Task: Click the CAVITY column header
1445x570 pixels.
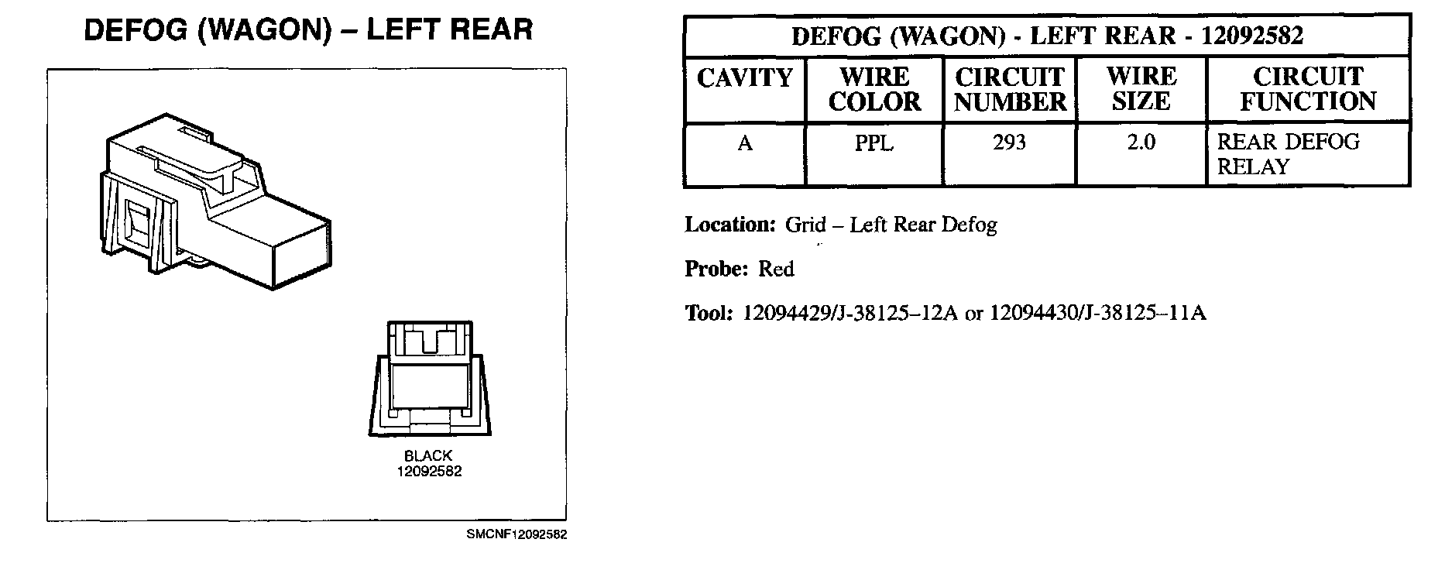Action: click(744, 78)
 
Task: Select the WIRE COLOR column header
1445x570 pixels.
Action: click(874, 89)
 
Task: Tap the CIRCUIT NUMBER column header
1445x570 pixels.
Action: click(1010, 89)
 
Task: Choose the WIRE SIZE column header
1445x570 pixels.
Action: click(1141, 89)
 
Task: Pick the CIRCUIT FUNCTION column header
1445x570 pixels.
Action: click(1308, 89)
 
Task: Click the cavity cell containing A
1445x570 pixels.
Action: click(745, 143)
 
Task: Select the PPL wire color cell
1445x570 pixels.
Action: click(874, 143)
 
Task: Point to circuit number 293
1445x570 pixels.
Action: click(1010, 142)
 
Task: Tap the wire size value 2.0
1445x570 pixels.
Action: click(1141, 143)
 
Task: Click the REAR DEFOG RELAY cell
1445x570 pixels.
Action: click(1288, 154)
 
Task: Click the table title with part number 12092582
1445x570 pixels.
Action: click(1047, 36)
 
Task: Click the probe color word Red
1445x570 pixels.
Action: click(776, 270)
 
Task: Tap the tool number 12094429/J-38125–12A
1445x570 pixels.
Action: click(850, 313)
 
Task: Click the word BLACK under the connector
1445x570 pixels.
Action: click(428, 456)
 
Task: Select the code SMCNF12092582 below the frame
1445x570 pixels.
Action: click(517, 535)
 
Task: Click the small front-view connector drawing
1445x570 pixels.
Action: click(429, 377)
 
